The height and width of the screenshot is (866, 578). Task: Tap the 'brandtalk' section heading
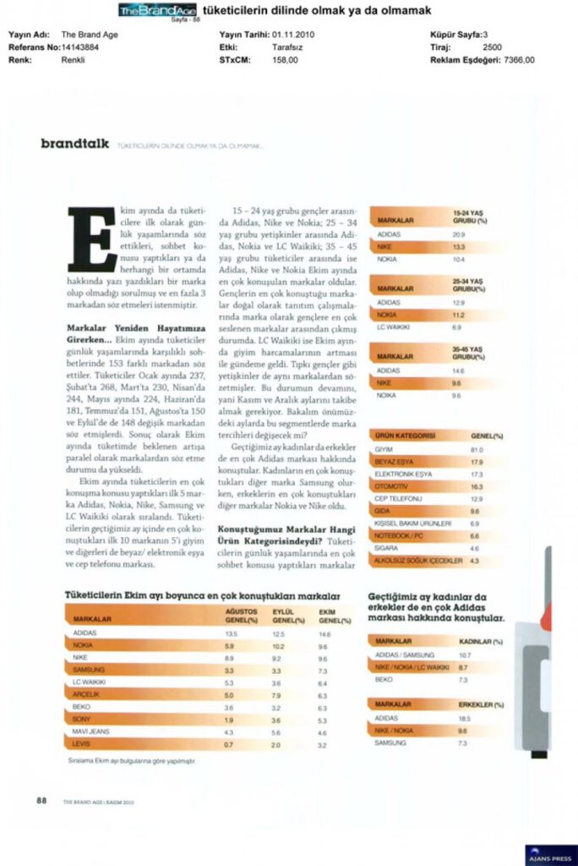coord(74,144)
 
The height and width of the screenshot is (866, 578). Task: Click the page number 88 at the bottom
coord(41,800)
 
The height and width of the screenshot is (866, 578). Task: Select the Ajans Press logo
coord(550,854)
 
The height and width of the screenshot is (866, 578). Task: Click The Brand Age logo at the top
coord(157,10)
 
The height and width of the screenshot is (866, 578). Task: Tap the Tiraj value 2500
coord(492,48)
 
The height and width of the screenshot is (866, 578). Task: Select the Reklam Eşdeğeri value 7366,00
coord(519,61)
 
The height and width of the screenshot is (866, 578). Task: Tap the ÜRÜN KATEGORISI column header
coord(406,436)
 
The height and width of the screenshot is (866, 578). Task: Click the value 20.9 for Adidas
coord(459,233)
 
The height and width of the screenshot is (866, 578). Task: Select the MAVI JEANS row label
coord(90,732)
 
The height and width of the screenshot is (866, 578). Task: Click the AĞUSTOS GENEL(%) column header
coord(239,616)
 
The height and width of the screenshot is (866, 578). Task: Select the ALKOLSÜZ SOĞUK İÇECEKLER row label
coord(414,561)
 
